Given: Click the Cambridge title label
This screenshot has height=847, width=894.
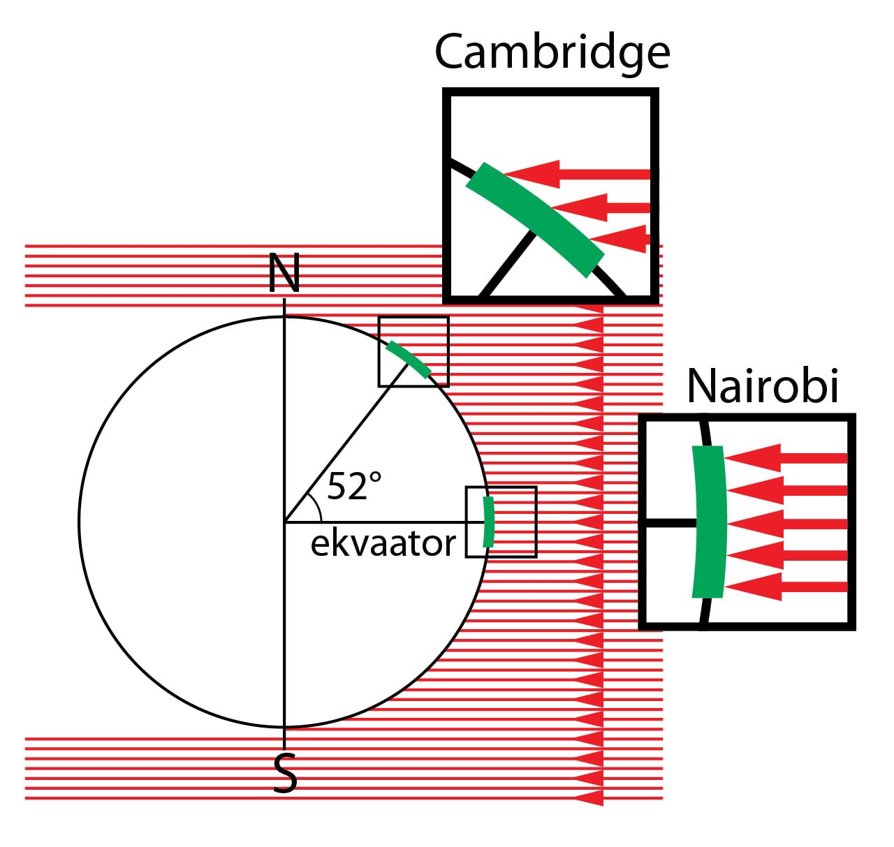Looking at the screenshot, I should [x=552, y=53].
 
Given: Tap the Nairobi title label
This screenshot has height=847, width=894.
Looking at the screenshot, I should [x=762, y=385].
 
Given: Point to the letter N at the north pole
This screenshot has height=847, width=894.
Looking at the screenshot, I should [x=284, y=273].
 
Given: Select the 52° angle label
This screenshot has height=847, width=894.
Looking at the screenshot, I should [x=354, y=486].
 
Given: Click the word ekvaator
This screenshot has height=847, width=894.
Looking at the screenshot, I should [x=383, y=543].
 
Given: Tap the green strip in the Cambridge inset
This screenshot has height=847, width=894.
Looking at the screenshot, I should [x=534, y=219].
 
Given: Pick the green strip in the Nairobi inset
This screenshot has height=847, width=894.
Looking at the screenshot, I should [x=709, y=522].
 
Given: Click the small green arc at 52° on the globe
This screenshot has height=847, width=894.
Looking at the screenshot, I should [x=409, y=359].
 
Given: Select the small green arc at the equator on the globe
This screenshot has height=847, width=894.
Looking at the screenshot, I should [x=489, y=522].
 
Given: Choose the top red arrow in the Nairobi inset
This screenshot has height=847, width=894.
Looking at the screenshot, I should [x=786, y=458].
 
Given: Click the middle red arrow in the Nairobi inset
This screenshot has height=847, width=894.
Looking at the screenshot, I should [x=786, y=523].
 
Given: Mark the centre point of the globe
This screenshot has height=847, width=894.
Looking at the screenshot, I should [x=284, y=522].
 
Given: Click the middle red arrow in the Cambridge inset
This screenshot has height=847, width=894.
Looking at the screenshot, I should [x=601, y=207].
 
